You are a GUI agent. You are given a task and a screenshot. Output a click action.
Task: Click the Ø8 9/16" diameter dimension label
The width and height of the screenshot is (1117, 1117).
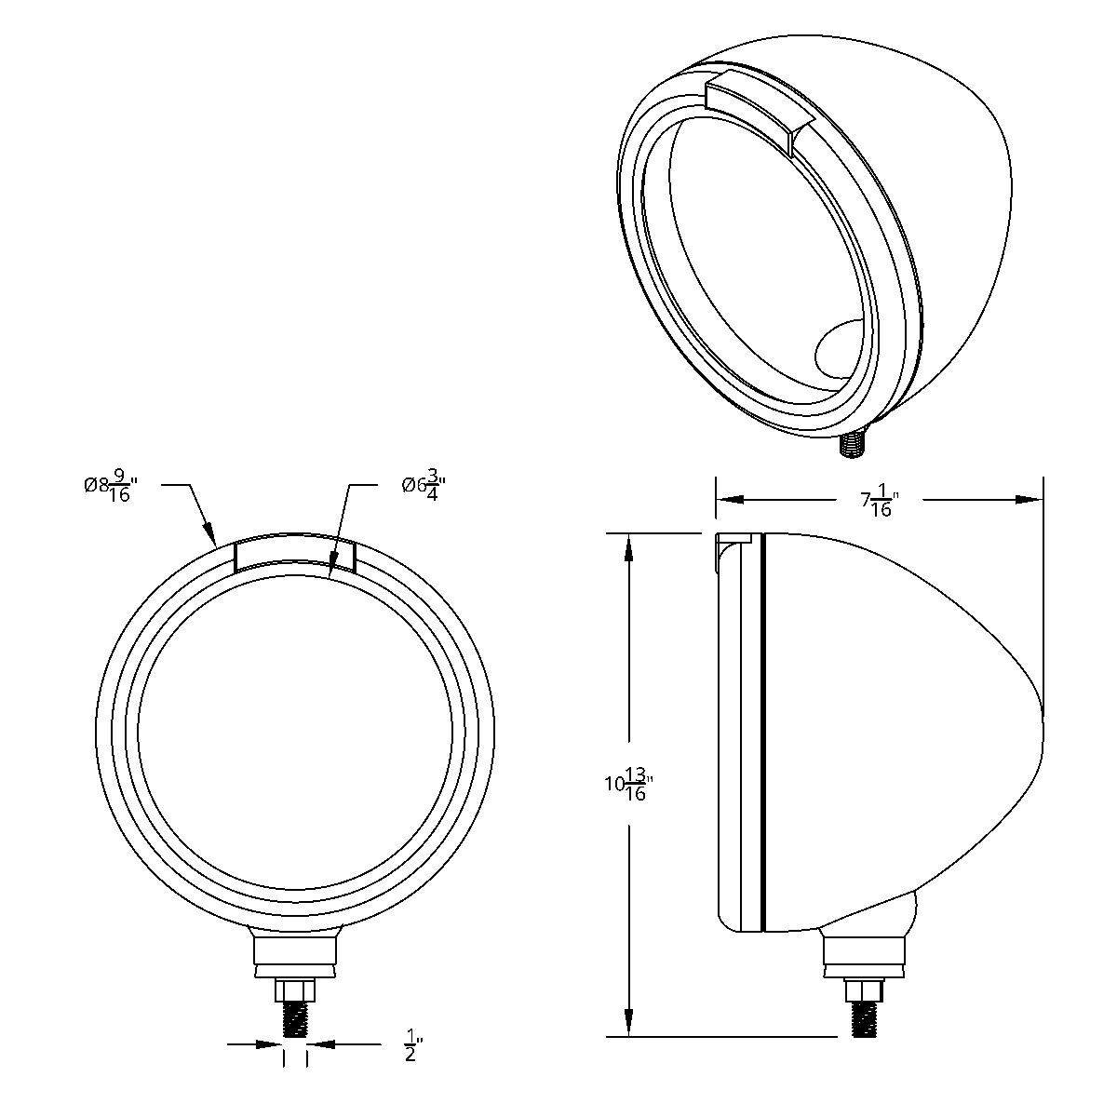click(x=110, y=488)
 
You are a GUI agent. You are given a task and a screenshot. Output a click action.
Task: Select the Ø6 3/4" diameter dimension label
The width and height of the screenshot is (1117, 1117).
click(x=424, y=487)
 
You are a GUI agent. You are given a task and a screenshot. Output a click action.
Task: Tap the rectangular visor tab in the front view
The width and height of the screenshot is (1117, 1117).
click(x=295, y=555)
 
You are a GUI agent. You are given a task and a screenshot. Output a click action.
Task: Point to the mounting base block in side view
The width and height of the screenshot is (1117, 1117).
click(x=864, y=955)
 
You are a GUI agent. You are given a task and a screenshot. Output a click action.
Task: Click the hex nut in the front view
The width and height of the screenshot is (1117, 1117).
click(x=295, y=989)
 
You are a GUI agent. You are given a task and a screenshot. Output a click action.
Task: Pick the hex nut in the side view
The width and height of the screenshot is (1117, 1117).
click(x=864, y=989)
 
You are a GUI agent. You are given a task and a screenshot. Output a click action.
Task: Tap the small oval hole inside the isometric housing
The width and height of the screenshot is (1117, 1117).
click(x=841, y=352)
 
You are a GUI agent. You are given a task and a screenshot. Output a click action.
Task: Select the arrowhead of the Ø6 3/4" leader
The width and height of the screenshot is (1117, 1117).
click(x=332, y=570)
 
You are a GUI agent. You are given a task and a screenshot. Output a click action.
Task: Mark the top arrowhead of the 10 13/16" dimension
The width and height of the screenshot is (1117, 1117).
click(x=630, y=544)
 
